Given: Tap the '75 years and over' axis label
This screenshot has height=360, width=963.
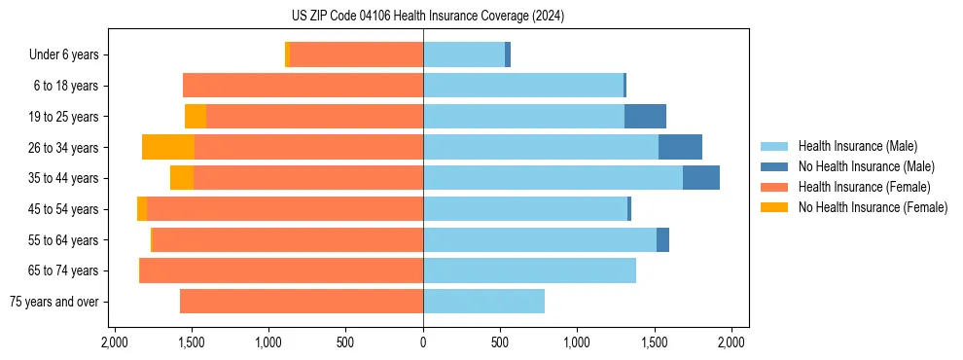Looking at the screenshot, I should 53,302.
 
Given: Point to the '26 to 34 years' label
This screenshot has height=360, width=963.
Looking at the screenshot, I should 64,148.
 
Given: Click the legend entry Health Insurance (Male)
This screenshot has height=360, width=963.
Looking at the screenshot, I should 857,146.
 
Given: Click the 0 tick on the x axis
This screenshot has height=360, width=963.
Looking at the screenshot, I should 423,342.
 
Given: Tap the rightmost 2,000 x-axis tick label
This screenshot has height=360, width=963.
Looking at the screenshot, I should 731,342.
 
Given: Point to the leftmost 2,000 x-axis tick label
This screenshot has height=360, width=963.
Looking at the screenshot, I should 115,342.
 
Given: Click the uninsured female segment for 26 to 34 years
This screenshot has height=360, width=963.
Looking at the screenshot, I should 168,147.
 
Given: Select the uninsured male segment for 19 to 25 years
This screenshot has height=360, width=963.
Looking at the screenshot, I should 645,117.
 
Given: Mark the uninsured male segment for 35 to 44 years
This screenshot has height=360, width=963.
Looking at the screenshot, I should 701,178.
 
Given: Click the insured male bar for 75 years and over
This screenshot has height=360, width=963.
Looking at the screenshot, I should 483,302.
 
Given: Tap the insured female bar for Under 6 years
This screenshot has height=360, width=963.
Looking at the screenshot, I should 356,55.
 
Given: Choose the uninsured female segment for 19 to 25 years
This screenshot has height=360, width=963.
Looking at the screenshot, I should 196,117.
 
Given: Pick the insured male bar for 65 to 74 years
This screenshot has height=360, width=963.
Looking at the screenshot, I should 529,270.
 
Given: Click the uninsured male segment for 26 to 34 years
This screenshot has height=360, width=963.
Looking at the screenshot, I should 680,147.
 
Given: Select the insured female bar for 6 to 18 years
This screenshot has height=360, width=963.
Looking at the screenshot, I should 303,86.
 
